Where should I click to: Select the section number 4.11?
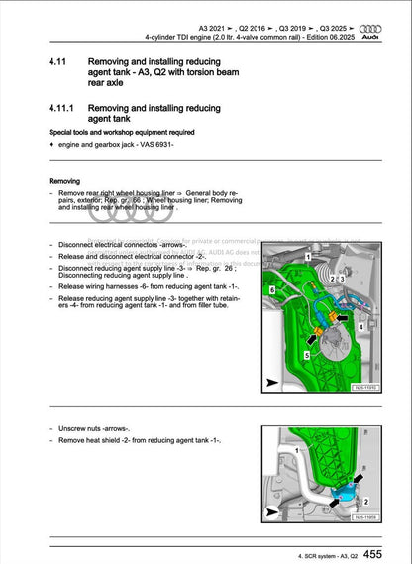(x=59, y=61)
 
